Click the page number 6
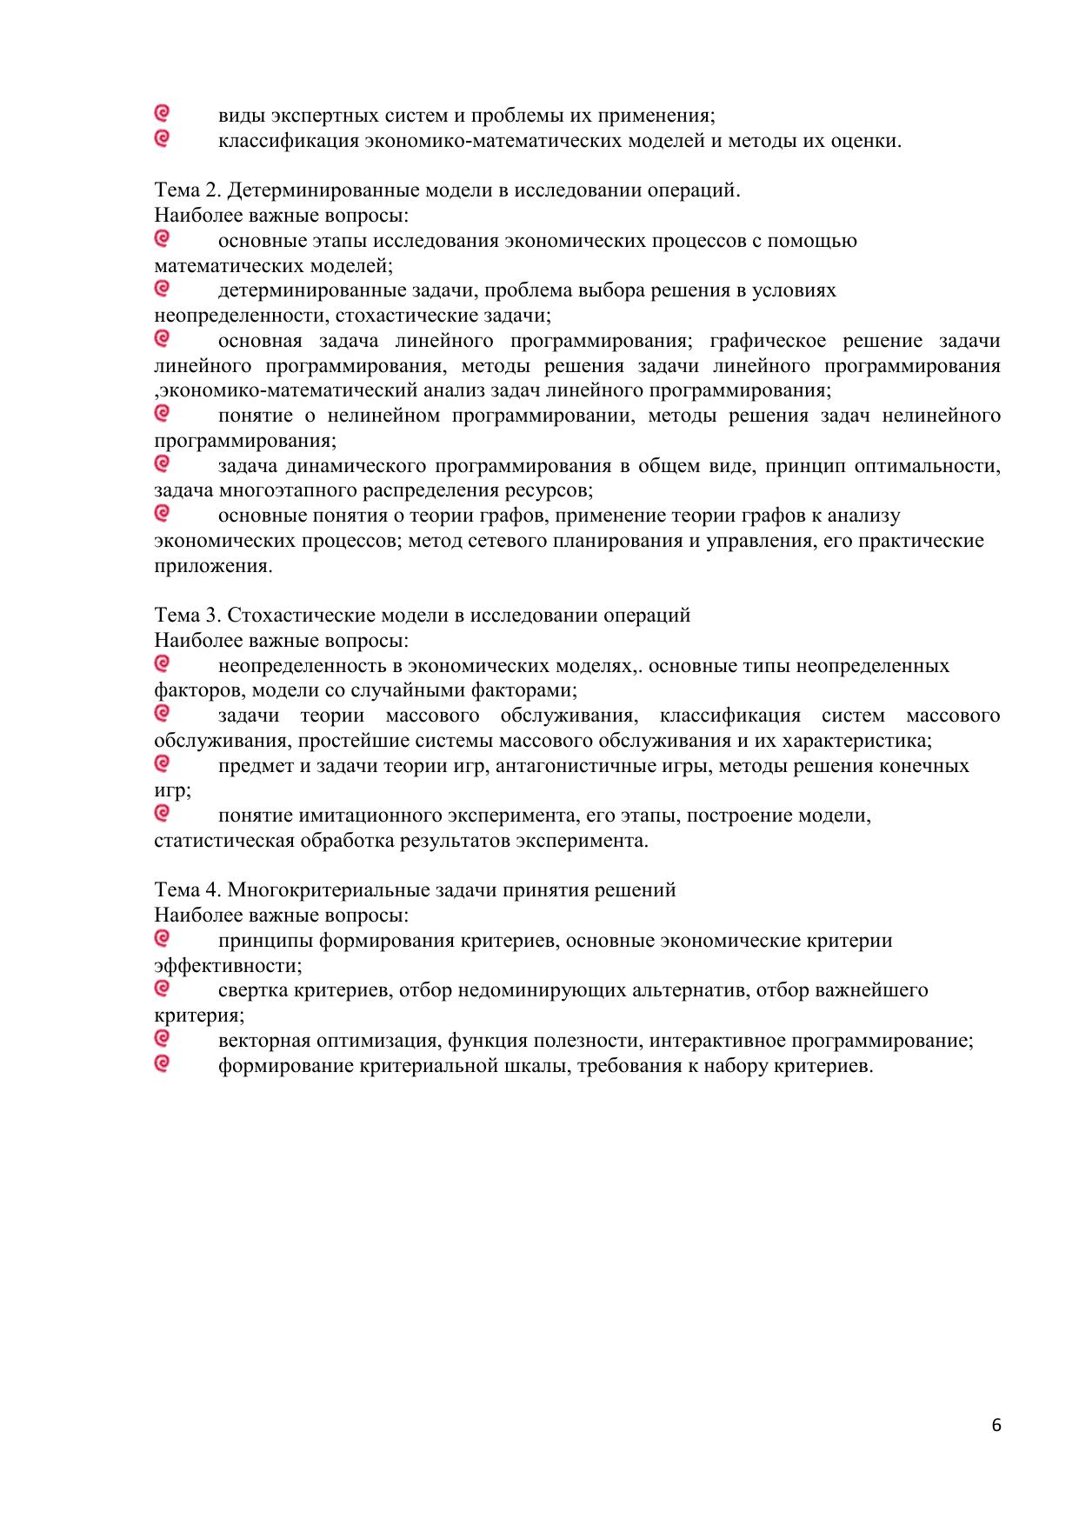996,1425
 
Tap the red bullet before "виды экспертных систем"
162,113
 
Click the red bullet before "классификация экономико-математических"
162,137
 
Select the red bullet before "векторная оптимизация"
162,1038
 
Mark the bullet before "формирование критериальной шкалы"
162,1063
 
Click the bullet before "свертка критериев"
162,988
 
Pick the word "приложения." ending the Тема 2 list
213,566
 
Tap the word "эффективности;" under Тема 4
229,966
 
